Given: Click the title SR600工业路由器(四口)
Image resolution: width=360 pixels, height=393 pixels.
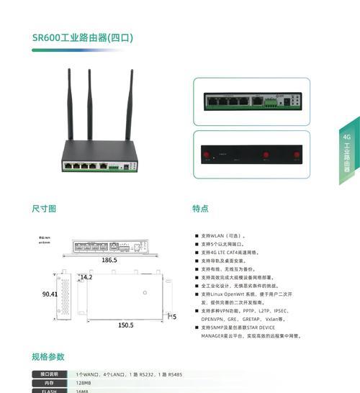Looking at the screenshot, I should (83, 37).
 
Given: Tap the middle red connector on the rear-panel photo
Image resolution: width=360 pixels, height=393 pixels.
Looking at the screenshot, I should (265, 155).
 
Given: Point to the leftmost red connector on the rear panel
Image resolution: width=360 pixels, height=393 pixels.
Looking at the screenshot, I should (206, 155).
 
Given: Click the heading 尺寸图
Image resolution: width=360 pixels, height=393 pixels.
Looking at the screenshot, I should (44, 209).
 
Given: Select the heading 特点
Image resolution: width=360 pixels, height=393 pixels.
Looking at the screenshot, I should (200, 209).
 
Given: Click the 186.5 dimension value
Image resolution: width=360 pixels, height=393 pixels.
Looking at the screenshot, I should (109, 260).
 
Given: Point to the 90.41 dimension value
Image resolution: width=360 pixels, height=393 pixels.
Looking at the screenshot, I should (50, 294).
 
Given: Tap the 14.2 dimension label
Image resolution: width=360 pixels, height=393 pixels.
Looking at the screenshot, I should (86, 277).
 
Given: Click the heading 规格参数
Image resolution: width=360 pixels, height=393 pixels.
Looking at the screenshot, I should (48, 356).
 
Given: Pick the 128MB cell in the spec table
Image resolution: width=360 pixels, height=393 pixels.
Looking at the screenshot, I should (83, 383).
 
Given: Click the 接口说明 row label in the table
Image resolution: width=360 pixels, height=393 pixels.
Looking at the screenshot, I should (49, 374).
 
